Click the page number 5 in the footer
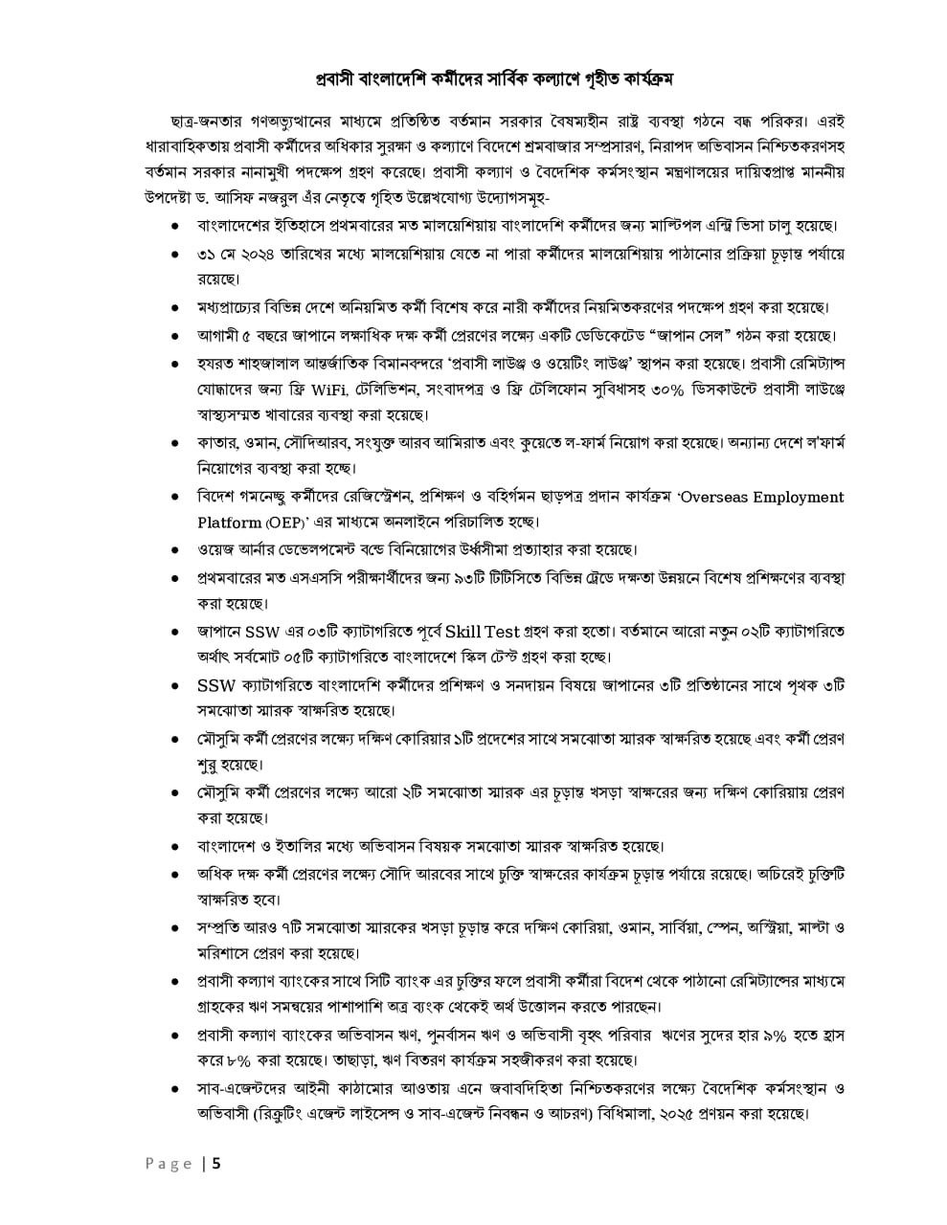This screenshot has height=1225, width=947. [x=216, y=1165]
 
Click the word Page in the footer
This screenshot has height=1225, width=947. [x=169, y=1165]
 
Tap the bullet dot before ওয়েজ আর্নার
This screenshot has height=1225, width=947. [x=175, y=551]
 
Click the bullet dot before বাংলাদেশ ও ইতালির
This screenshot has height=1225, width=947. [x=175, y=848]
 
